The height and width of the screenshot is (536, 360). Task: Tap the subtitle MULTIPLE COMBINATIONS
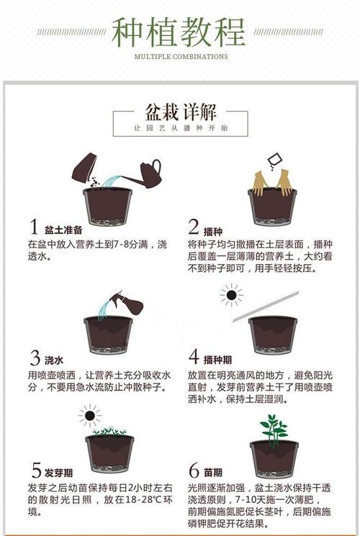coord(181,56)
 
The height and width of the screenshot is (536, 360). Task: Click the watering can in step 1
coord(147,173)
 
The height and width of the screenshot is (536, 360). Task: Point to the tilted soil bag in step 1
coord(84,167)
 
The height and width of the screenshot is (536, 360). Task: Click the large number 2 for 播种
coord(194,227)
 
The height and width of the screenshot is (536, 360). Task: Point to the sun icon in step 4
coord(231,294)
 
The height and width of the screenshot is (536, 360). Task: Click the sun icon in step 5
coord(90,415)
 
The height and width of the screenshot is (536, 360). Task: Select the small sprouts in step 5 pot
coord(109,431)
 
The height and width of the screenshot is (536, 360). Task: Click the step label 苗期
coord(212,473)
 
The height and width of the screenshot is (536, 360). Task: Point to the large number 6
coord(194,471)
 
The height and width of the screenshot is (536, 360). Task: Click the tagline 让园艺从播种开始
coord(180,128)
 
